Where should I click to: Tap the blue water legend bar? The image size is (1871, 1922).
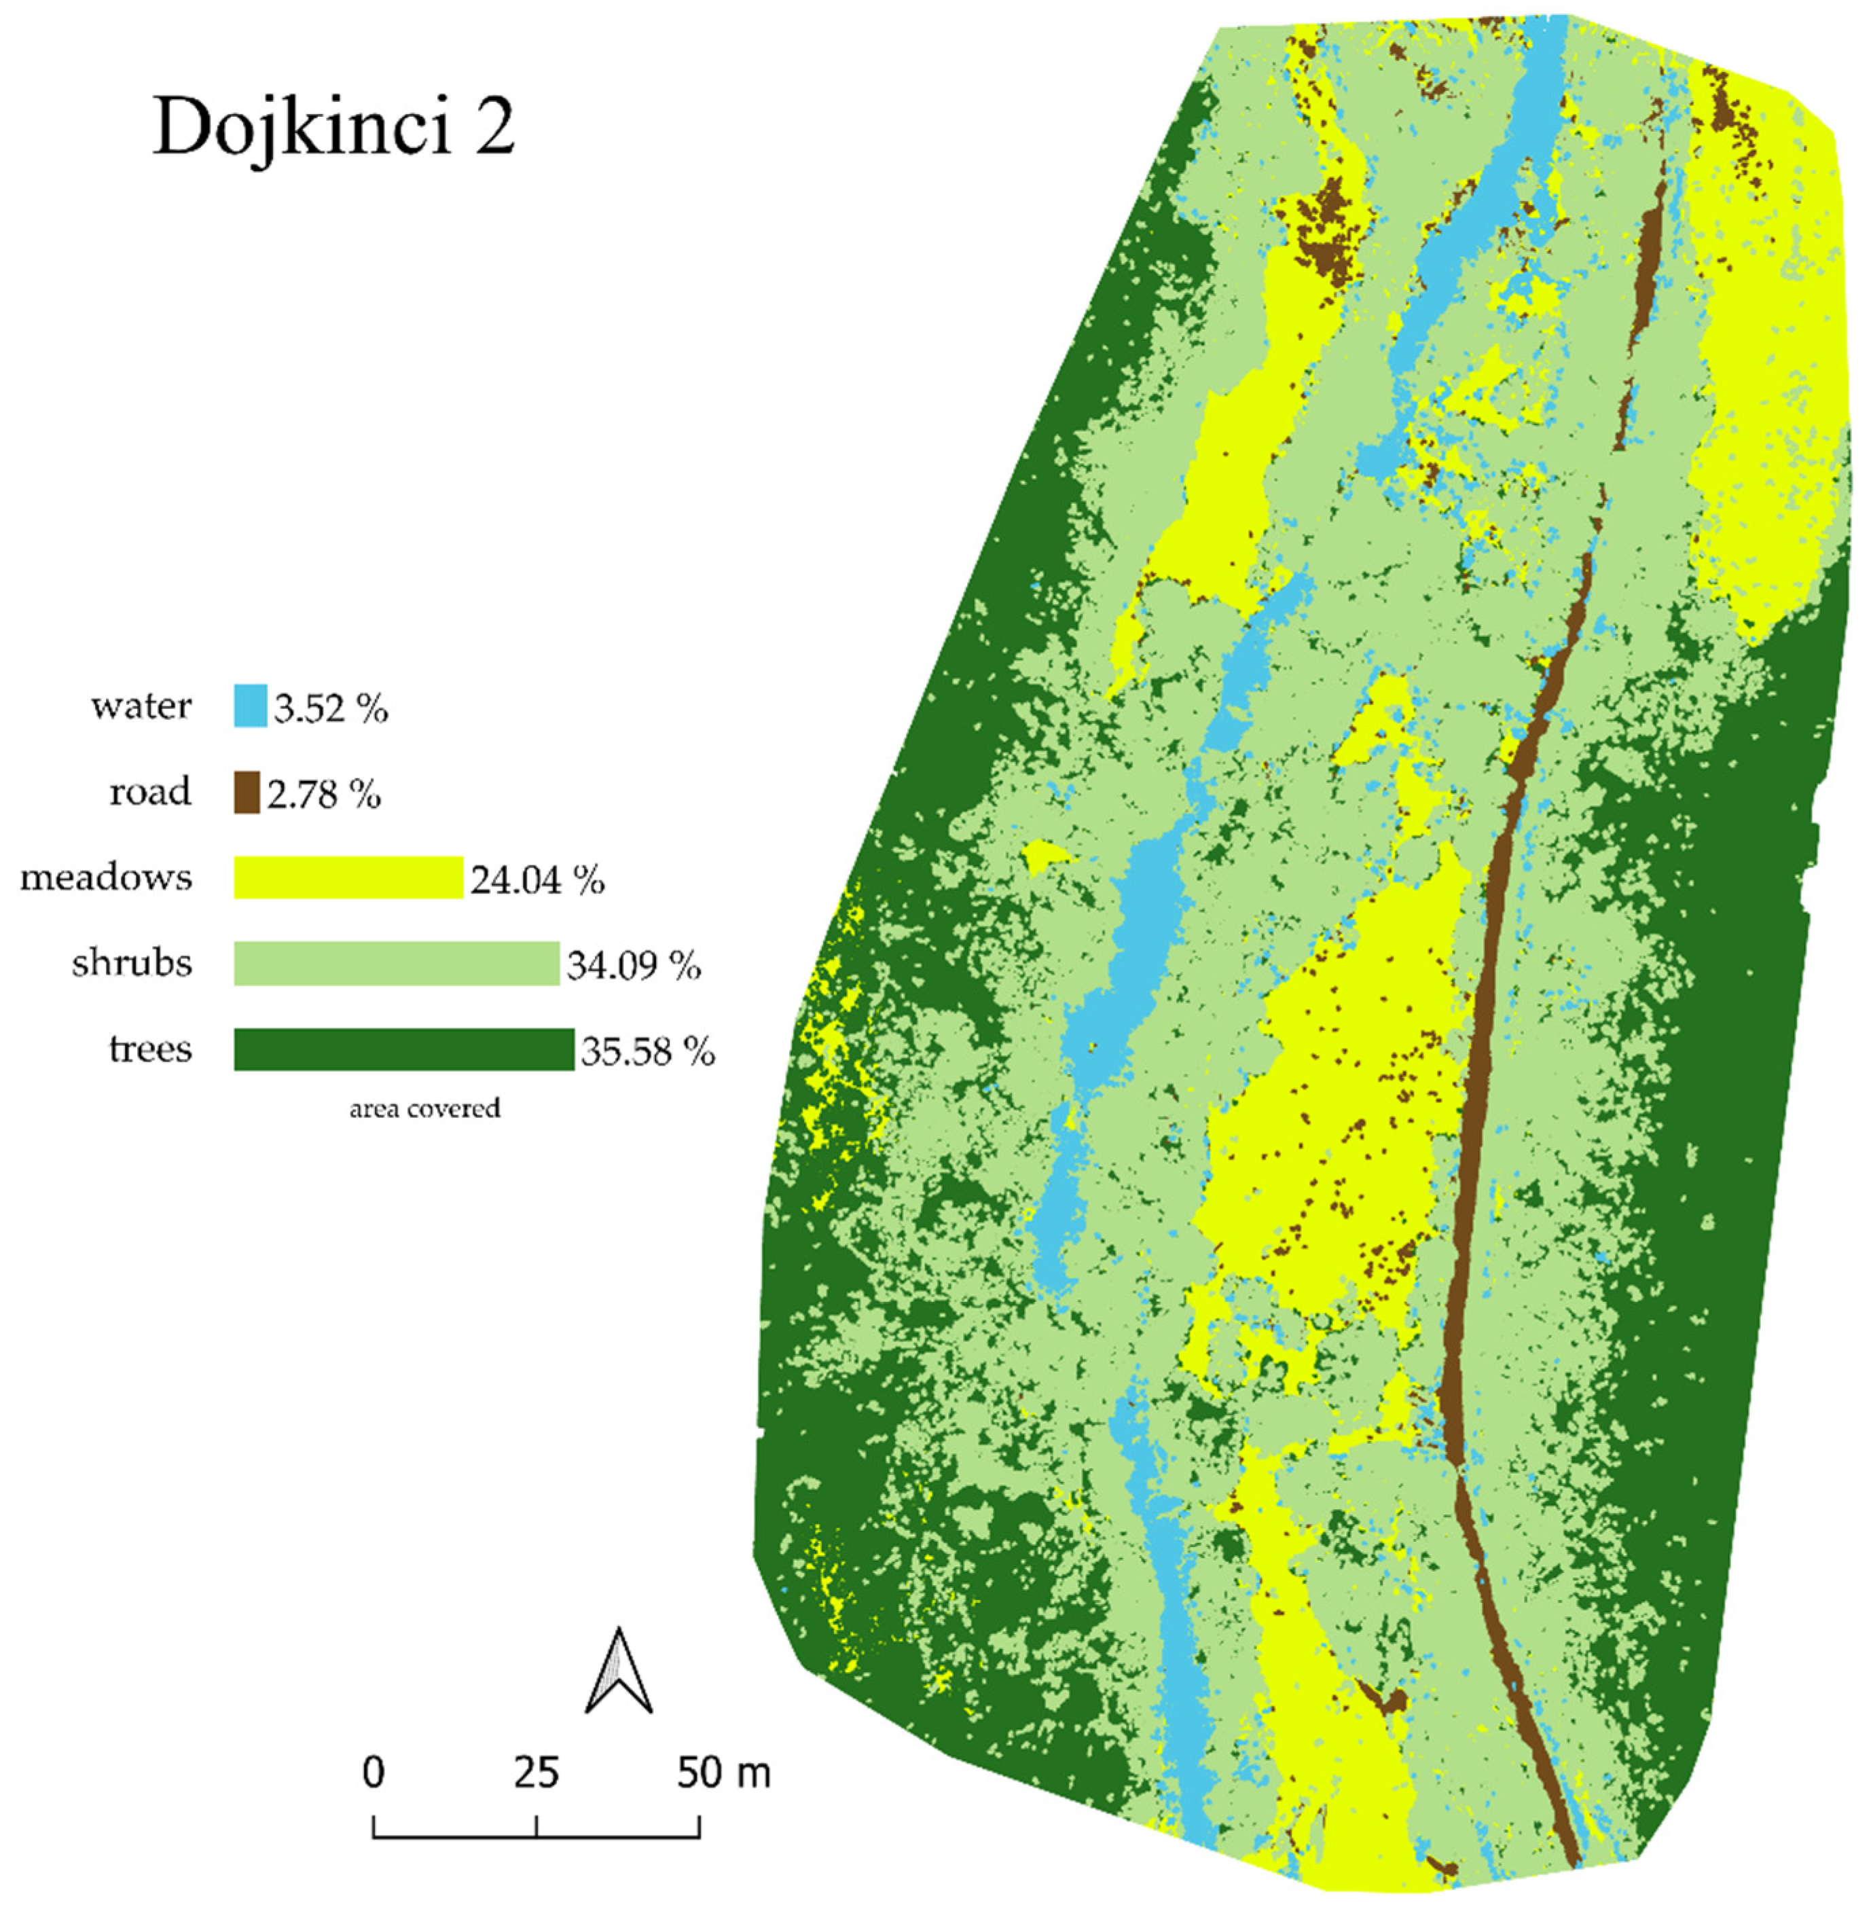(250, 706)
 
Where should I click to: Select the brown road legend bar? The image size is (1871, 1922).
(247, 792)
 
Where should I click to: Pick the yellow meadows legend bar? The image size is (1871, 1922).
(348, 877)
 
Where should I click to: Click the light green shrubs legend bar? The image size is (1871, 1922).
(396, 963)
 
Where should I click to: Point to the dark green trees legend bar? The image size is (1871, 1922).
(403, 1049)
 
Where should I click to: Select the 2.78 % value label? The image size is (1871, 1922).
(323, 794)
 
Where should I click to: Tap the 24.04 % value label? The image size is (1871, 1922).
(537, 880)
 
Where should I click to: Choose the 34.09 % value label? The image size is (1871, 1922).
(634, 965)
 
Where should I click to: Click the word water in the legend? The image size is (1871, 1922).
(141, 706)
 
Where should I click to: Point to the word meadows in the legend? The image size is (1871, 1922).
(106, 877)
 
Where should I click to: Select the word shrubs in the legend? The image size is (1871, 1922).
(132, 963)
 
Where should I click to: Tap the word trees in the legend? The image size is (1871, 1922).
(150, 1049)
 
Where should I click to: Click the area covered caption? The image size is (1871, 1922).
(424, 1108)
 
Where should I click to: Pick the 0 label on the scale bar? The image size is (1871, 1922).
(374, 1773)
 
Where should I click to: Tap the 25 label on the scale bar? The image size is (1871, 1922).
(537, 1773)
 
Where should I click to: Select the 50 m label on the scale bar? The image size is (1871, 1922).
(723, 1773)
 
